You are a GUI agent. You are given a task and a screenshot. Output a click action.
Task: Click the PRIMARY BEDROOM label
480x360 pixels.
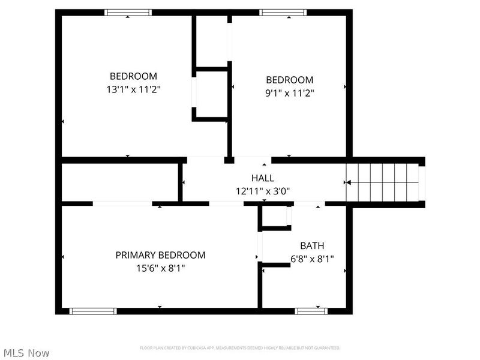point(160,255)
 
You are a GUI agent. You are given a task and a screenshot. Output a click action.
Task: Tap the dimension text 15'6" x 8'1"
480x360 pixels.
point(160,268)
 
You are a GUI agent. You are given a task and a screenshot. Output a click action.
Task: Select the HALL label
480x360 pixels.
point(262,178)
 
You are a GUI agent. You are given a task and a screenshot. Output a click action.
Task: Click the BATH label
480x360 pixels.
point(312,245)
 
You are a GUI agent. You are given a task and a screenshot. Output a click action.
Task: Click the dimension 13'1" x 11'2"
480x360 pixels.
point(133,89)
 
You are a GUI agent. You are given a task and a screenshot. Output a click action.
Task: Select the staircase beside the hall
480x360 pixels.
point(384,182)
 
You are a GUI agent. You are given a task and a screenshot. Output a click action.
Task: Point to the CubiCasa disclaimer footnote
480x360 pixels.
point(240,348)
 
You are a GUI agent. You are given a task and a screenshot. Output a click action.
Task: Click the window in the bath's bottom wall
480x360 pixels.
point(311,311)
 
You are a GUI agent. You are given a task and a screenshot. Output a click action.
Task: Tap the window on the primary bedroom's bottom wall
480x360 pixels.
point(92,311)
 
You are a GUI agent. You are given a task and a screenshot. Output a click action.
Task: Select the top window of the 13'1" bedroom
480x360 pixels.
point(128,12)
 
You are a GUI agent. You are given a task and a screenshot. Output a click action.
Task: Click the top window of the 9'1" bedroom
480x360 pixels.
point(283,12)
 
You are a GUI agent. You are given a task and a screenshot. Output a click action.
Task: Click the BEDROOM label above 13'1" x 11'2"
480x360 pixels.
point(133,76)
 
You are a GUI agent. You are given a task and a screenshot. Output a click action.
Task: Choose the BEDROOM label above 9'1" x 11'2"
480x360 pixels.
point(290,80)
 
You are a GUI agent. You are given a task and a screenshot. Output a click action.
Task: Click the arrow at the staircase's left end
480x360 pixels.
point(346,182)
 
